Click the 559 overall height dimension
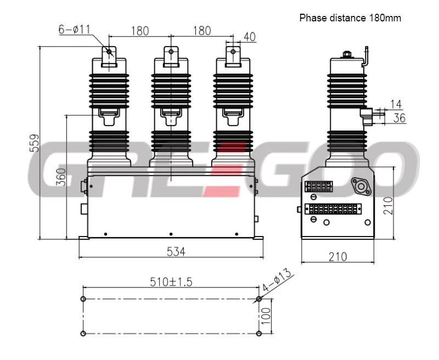click(35, 143)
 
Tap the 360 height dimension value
click(61, 177)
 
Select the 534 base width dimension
click(176, 252)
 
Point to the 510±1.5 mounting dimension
click(171, 282)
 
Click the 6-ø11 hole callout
click(75, 29)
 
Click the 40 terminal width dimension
click(250, 37)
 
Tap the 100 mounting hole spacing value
click(266, 316)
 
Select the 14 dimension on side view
click(396, 104)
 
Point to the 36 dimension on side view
click(399, 118)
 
